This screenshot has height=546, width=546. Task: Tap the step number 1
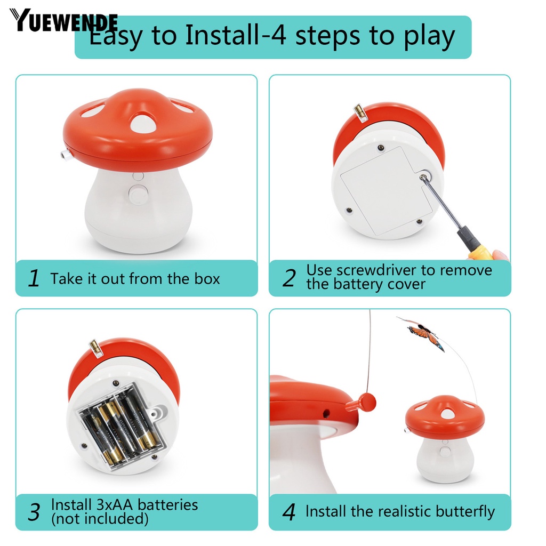click(x=34, y=278)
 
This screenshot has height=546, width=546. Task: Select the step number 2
click(x=288, y=278)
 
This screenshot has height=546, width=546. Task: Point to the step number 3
click(x=34, y=512)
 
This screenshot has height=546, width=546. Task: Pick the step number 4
click(x=288, y=512)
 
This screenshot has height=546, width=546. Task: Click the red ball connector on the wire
click(x=367, y=402)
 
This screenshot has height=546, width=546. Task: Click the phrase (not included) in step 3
click(x=100, y=519)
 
